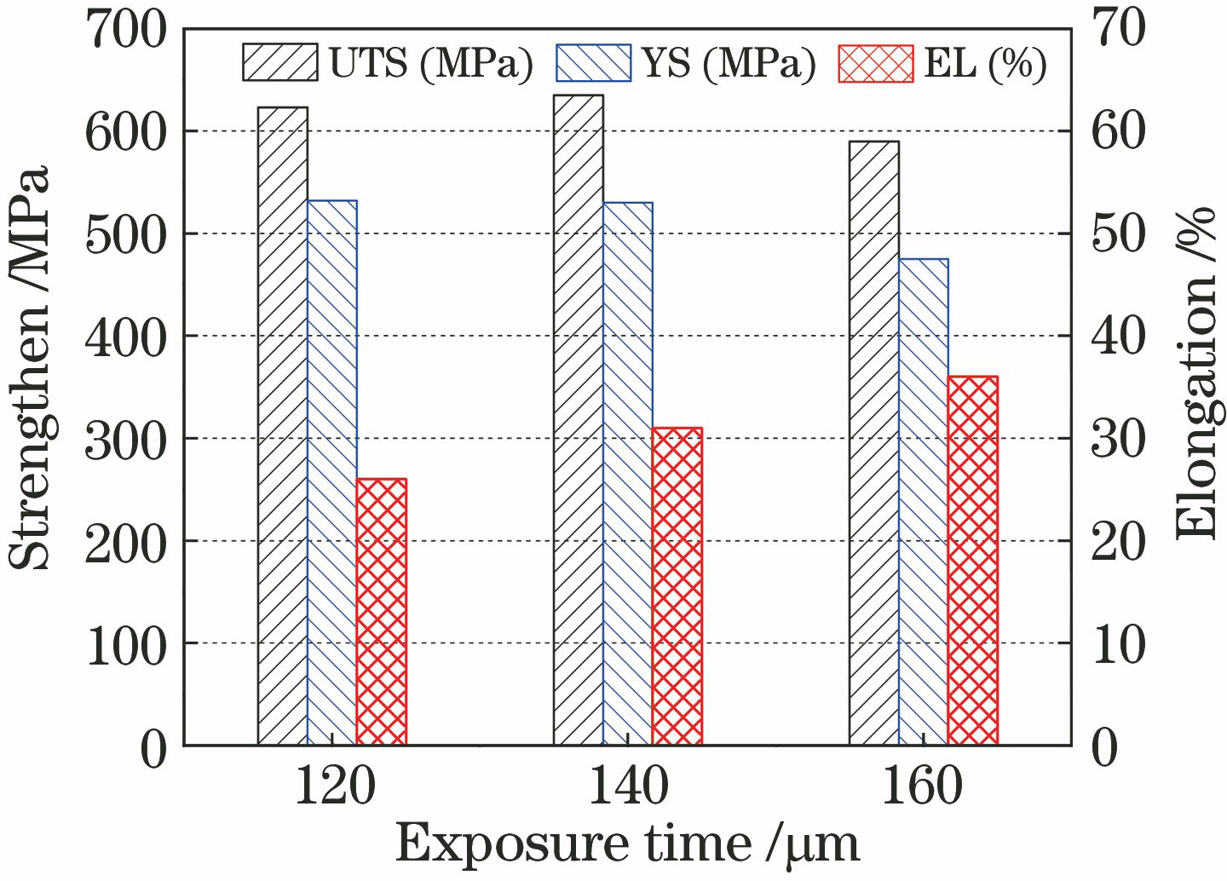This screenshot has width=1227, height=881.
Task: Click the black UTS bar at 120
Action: click(282, 426)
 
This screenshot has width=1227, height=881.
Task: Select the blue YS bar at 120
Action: click(331, 473)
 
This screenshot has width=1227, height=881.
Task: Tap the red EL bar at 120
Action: click(381, 612)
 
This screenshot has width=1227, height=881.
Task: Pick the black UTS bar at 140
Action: click(578, 420)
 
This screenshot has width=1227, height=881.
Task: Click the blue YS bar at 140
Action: click(627, 474)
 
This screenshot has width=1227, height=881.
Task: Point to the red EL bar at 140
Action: click(677, 586)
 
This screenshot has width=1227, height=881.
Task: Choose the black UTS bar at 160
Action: click(873, 443)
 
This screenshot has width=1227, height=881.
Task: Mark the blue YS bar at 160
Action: click(923, 502)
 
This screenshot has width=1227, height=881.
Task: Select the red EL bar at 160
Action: click(972, 561)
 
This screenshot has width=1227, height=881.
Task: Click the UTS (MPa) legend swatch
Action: click(280, 63)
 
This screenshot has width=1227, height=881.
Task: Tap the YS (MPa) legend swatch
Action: click(593, 63)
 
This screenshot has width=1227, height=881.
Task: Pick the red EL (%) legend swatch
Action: click(876, 63)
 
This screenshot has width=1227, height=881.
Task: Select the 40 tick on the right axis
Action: click(1118, 336)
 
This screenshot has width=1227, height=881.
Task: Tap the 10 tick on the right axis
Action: click(1118, 643)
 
